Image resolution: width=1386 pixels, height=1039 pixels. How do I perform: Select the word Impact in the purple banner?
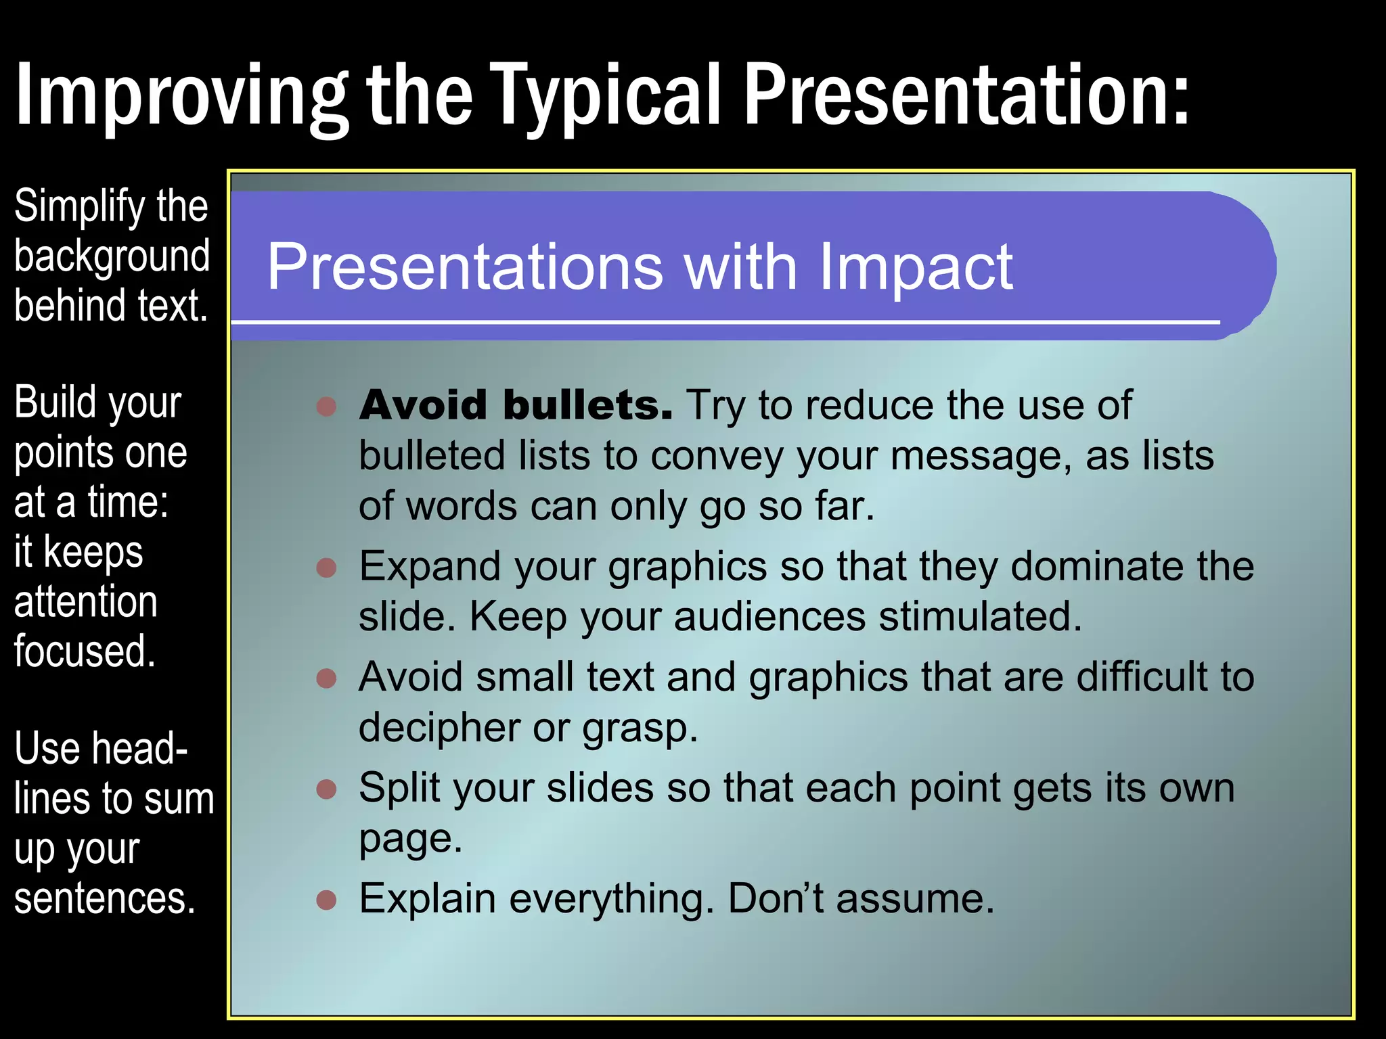point(916,267)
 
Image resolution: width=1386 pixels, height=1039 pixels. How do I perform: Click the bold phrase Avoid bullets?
point(516,405)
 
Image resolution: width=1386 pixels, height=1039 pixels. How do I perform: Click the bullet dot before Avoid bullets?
point(327,406)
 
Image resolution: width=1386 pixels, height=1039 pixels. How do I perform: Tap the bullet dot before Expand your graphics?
point(327,567)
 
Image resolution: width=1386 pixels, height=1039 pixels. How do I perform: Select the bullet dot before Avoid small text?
point(327,678)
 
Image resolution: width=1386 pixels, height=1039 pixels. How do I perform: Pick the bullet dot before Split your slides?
point(327,789)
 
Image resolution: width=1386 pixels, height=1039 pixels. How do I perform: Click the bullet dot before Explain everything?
point(327,900)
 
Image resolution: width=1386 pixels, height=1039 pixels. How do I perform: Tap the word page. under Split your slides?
point(410,839)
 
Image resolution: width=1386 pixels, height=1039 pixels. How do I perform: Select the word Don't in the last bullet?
point(776,899)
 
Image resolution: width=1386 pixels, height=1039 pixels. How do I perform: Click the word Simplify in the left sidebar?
point(80,206)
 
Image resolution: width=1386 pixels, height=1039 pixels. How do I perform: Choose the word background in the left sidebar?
point(112,256)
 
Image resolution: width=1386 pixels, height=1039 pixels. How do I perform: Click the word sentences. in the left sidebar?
point(105,898)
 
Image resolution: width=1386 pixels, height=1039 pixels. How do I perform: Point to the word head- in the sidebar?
point(140,749)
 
